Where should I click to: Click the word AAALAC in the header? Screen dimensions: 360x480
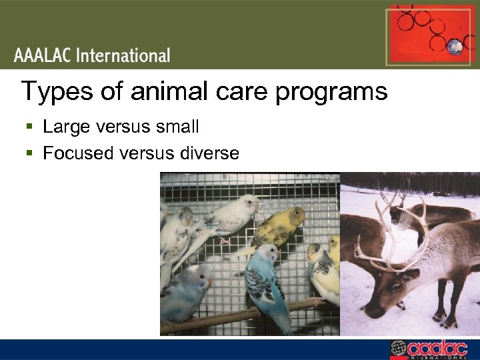point(43,55)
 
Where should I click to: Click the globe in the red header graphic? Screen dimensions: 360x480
point(455,46)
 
